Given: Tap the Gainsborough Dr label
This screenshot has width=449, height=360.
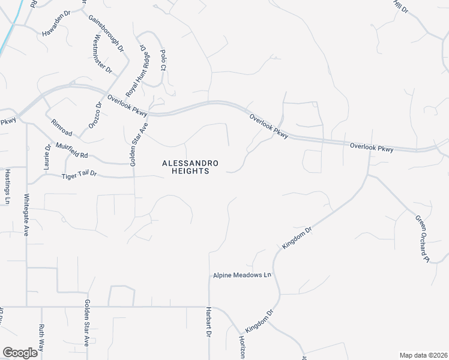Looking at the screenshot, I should point(105,32).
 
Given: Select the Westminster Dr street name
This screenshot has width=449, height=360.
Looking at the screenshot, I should point(103,53).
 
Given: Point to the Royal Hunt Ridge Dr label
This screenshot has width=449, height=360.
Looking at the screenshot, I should point(137,71).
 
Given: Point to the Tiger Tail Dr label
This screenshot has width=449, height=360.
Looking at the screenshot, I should point(79,176).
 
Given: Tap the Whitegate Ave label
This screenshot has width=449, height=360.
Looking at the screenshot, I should point(26,214).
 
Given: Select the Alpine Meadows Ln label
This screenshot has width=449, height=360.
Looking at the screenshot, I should point(243,275).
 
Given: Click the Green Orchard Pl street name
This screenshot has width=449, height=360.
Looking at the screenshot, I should point(421,238).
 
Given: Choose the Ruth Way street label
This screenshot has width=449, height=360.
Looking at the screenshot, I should point(41,337).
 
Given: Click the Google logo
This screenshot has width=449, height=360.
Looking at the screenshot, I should point(20,353).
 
